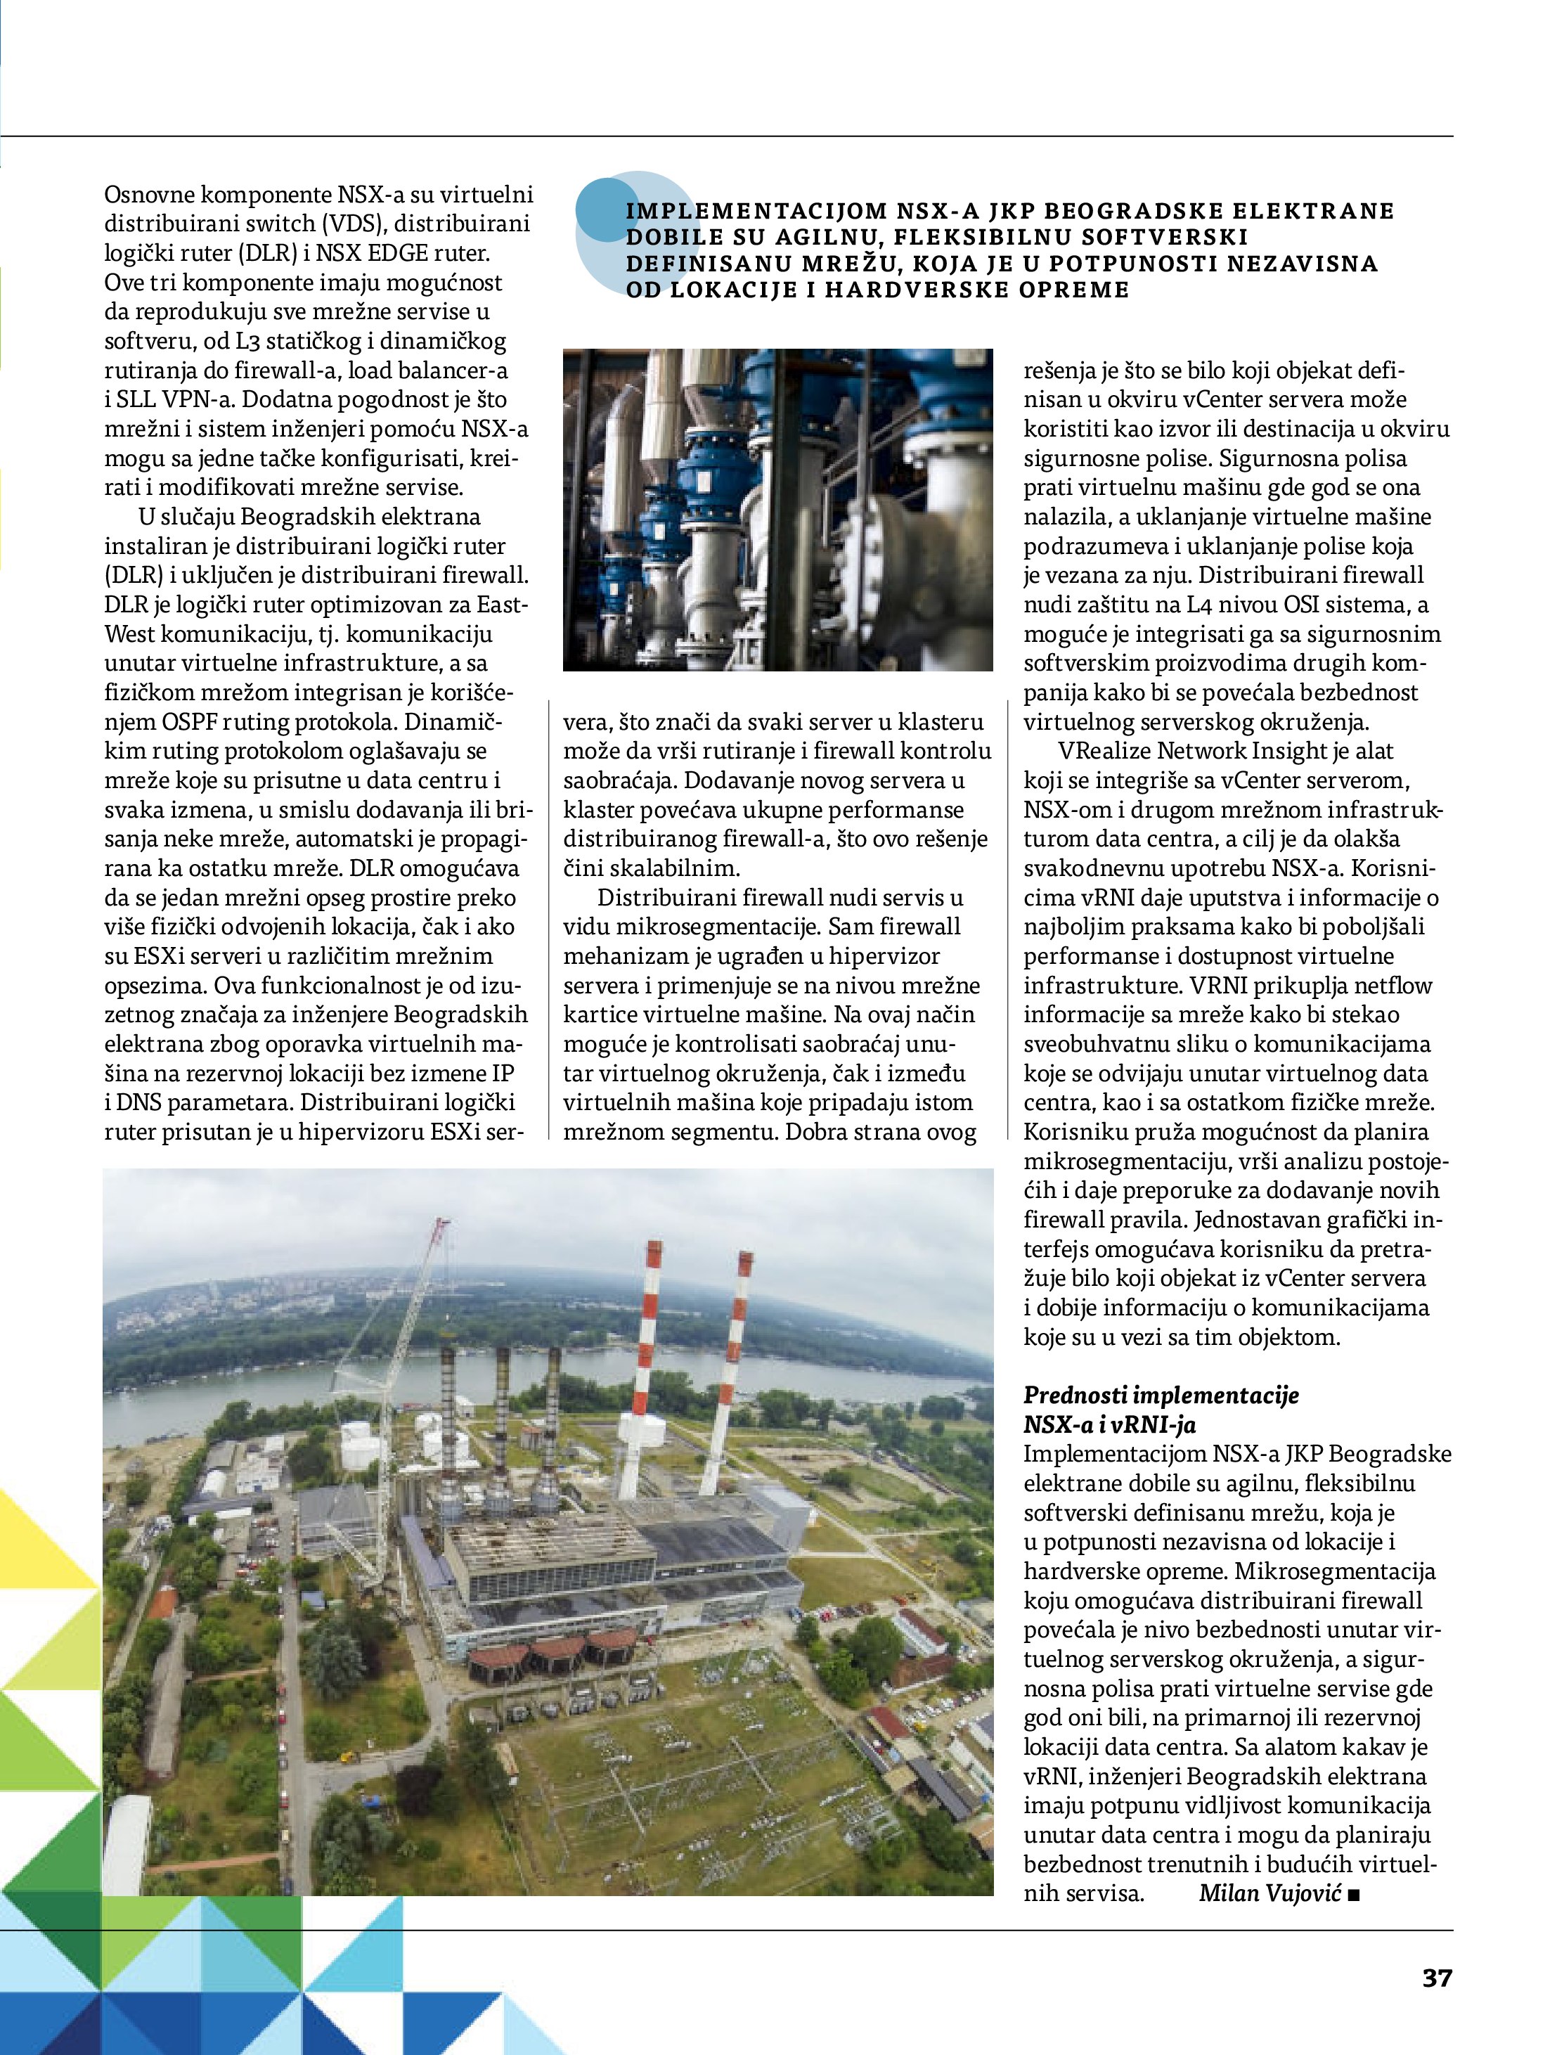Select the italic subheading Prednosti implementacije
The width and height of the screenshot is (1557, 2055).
(1161, 1422)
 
